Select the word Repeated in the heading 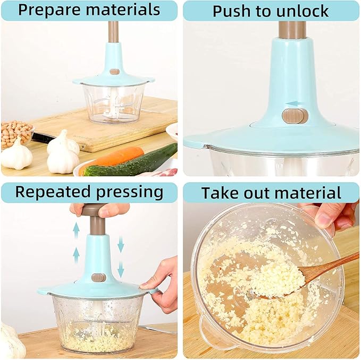[51, 192]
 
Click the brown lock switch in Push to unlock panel [295, 116]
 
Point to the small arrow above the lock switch [292, 104]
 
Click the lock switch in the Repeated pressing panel [98, 277]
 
